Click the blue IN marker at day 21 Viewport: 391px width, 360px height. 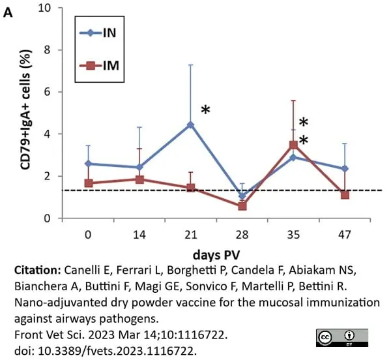[x=191, y=125]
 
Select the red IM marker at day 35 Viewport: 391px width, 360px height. [x=293, y=145]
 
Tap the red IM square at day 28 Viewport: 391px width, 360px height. [x=242, y=206]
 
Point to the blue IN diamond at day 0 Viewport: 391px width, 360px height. [x=88, y=164]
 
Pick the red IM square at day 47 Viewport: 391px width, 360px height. [x=345, y=195]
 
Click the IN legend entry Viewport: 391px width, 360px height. [x=98, y=33]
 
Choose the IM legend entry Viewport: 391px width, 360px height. [x=99, y=66]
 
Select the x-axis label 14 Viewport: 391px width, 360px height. [x=139, y=235]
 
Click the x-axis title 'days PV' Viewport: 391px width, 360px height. [x=216, y=255]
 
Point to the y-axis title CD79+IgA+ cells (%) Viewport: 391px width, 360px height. [x=26, y=110]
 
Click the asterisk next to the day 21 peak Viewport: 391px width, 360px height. [x=205, y=110]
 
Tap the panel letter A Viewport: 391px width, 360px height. [x=7, y=13]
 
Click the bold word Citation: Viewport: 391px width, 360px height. [x=38, y=270]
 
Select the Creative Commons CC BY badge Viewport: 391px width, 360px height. [x=342, y=338]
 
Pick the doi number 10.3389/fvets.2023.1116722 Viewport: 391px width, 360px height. [x=116, y=351]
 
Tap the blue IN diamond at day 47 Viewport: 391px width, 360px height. [x=345, y=169]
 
